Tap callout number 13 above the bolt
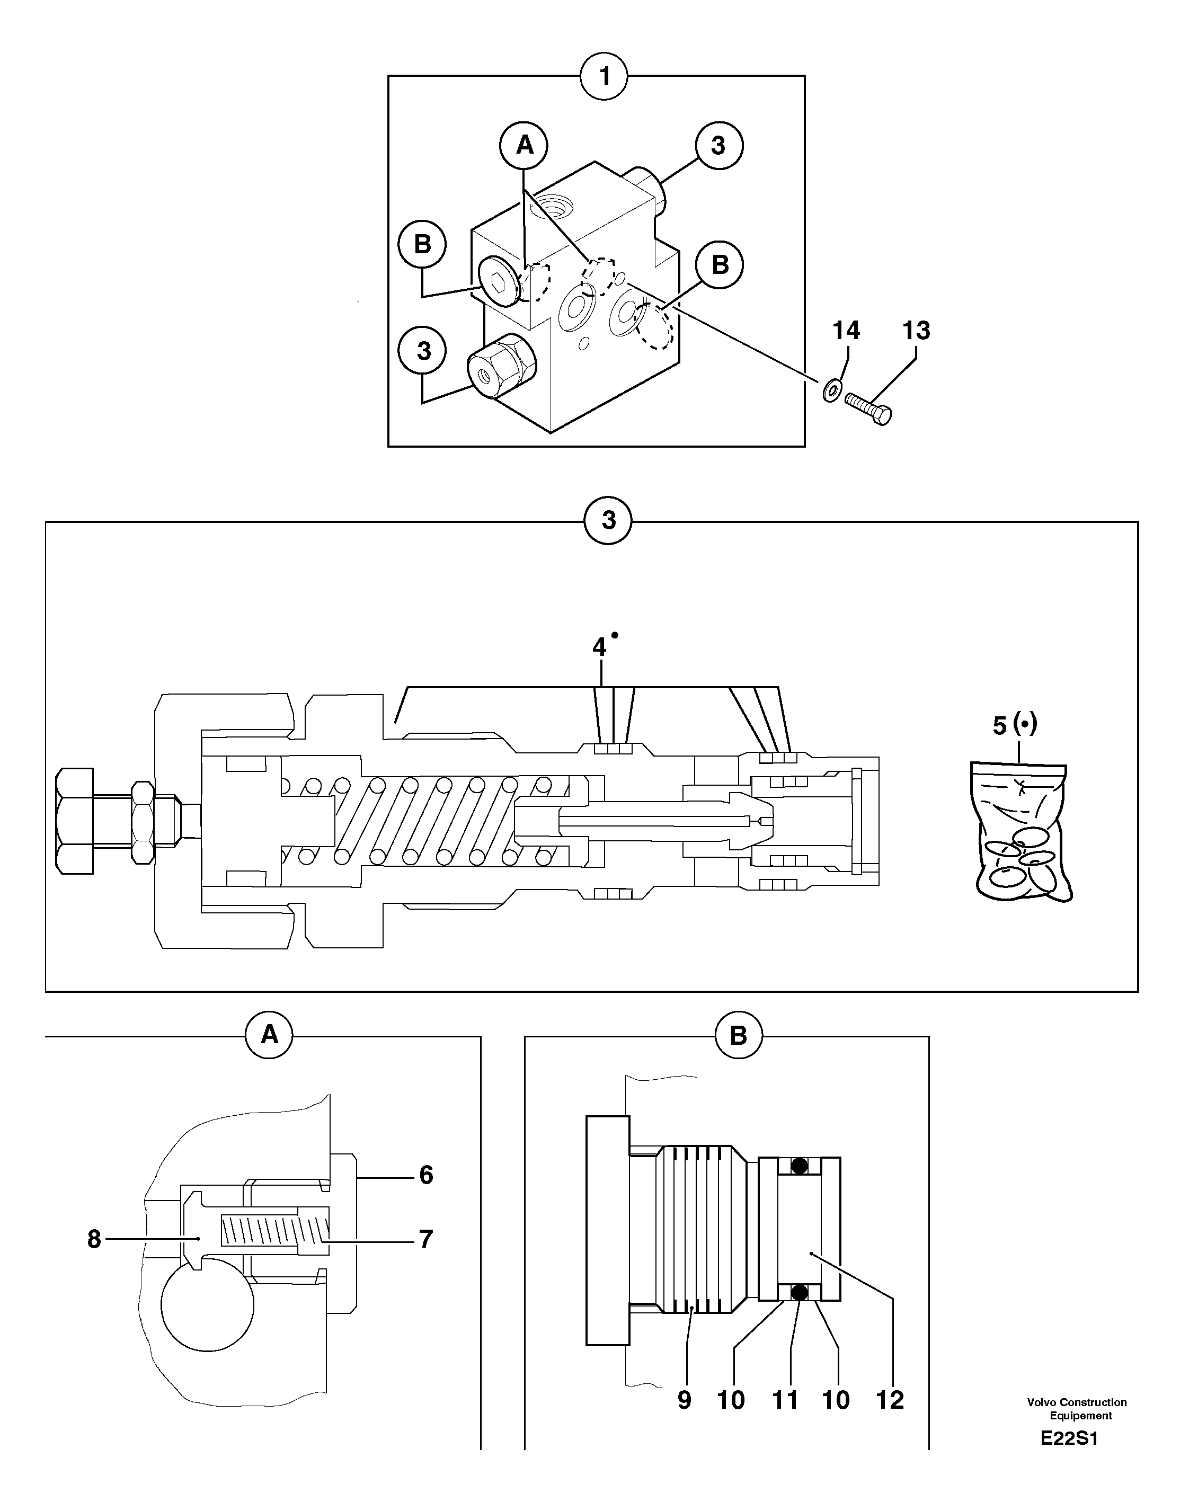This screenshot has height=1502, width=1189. click(x=916, y=330)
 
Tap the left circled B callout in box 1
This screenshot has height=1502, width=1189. click(x=422, y=244)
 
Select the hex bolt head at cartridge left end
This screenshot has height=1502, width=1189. click(x=75, y=821)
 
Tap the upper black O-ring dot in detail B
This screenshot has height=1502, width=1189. click(x=798, y=1165)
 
